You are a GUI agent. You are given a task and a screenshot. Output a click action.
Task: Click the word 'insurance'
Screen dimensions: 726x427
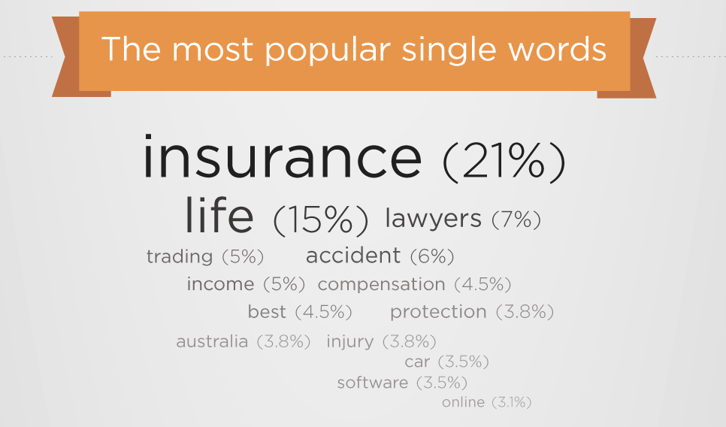point(283,156)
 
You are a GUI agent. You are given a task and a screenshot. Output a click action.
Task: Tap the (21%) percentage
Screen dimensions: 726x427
point(504,161)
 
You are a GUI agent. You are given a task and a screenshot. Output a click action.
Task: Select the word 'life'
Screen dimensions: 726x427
point(219,215)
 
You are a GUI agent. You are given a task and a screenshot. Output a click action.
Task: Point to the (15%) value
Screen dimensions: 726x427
point(321,220)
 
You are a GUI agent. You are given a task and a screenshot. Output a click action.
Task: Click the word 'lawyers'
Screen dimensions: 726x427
point(434,219)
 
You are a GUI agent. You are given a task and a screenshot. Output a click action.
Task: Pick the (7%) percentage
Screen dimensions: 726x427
point(516,219)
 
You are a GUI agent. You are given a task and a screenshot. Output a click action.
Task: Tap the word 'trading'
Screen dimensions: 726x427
point(180,256)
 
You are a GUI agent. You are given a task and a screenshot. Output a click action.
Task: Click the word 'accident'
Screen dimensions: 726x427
point(353,255)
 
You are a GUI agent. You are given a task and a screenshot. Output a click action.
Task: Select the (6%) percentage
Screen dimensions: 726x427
point(432,256)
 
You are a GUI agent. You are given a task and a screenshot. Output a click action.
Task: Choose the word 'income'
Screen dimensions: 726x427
point(220,283)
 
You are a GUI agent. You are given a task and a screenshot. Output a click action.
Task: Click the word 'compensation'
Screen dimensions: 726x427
point(382,284)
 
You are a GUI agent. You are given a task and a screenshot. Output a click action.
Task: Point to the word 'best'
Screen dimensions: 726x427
point(267,312)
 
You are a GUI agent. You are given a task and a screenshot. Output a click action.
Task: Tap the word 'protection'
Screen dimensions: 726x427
point(438,312)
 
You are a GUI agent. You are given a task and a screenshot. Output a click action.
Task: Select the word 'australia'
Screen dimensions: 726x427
point(212,341)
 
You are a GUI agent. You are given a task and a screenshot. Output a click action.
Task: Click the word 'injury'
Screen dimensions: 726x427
point(350,342)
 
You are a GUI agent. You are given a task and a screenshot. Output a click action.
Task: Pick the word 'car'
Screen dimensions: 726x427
point(417,362)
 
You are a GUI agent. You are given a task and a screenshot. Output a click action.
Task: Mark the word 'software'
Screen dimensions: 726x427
point(373,383)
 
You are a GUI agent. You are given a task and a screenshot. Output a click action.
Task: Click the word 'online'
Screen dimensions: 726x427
point(464,402)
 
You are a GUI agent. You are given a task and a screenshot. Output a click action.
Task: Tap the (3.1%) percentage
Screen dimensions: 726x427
point(512,402)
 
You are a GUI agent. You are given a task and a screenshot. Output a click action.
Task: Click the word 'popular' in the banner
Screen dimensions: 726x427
point(328,50)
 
